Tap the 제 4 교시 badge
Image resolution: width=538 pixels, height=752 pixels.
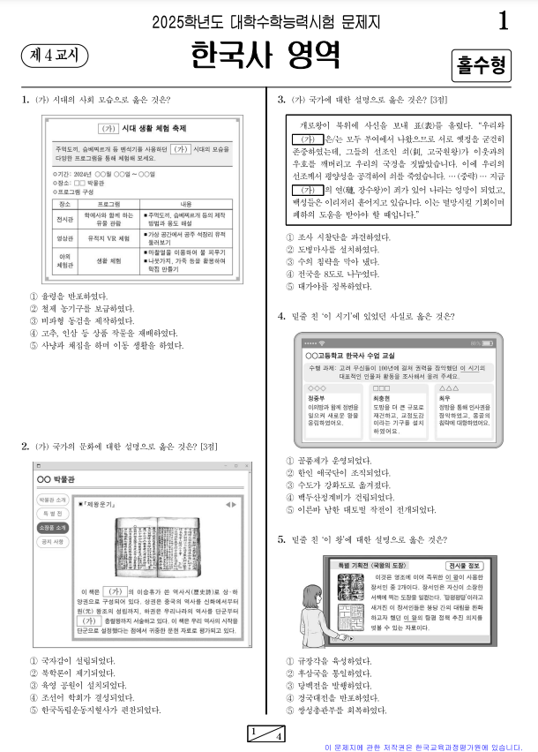pyautogui.click(x=54, y=55)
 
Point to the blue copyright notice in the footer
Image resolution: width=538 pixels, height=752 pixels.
pyautogui.click(x=430, y=746)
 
